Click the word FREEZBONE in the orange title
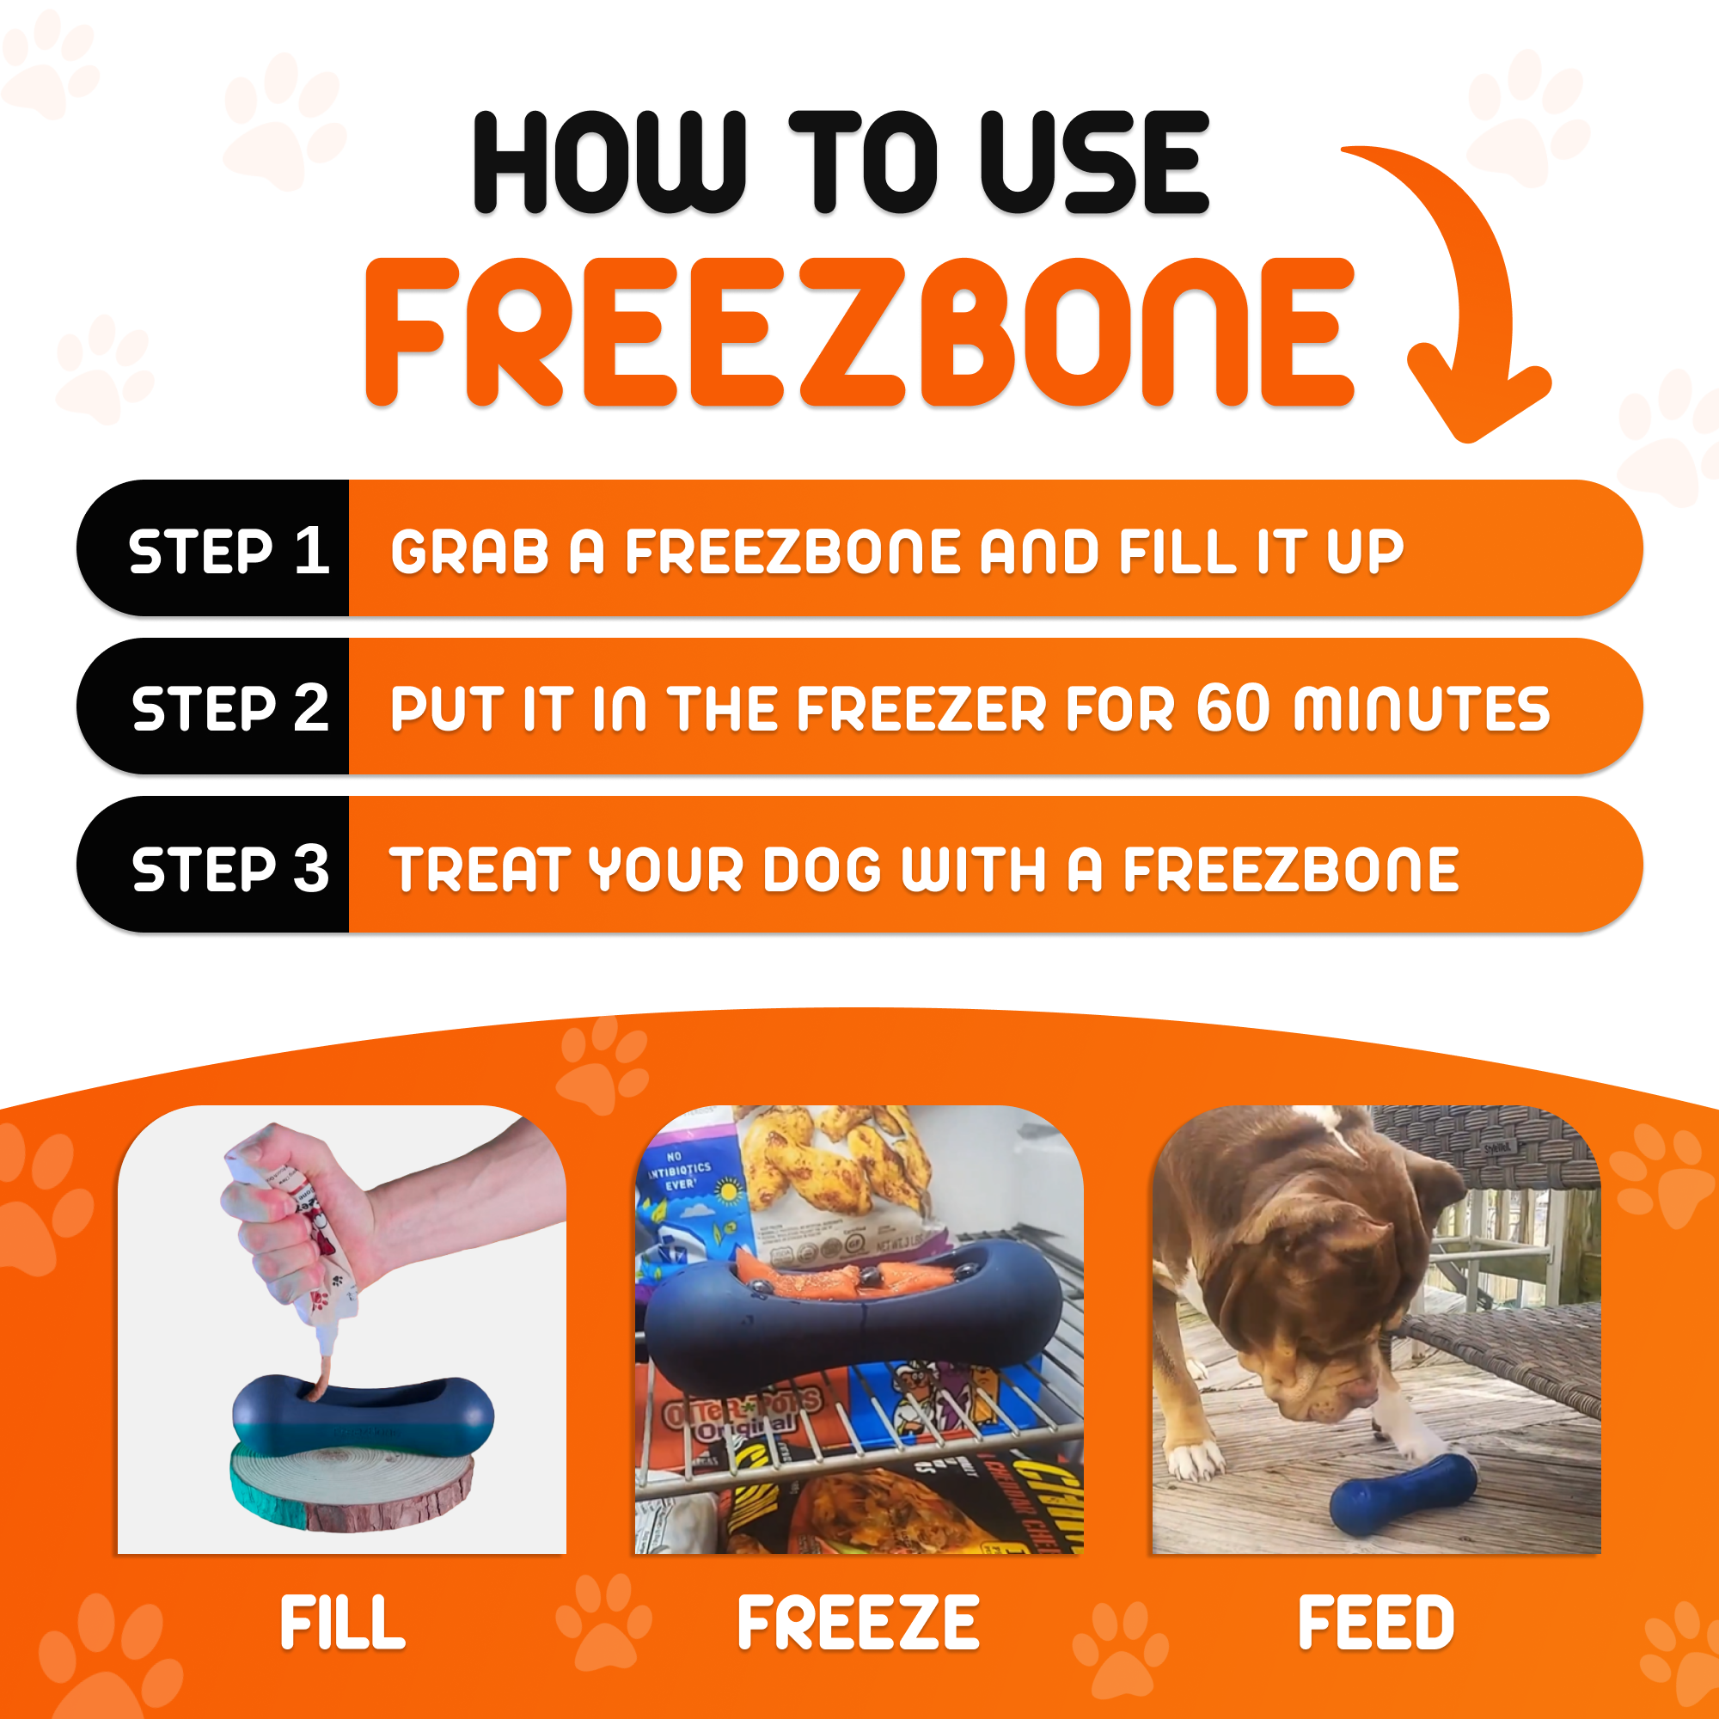click(x=859, y=333)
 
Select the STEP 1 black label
click(x=228, y=550)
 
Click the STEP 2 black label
click(x=229, y=708)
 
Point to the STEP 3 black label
click(x=229, y=867)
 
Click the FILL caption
click(x=343, y=1623)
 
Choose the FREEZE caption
click(x=859, y=1623)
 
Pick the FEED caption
click(x=1375, y=1623)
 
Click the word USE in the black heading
click(x=1094, y=163)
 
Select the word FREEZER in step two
click(x=921, y=710)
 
